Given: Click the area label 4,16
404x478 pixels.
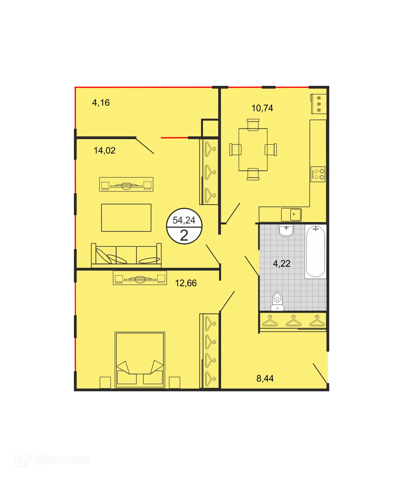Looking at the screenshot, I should pos(101,103).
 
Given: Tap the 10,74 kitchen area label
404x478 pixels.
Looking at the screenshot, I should pos(262,108).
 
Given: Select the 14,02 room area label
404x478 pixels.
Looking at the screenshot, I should pos(104,151).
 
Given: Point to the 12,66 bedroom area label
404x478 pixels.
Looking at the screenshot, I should pos(186,283).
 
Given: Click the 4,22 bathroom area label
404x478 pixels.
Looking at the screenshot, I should pos(282,263).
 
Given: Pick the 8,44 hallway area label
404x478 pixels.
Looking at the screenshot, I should pos(265,378).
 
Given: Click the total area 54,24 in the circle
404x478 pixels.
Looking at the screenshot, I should pos(184,220).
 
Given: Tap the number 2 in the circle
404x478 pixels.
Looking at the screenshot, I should pos(184,235).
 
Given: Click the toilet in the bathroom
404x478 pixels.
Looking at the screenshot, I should pos(277,301).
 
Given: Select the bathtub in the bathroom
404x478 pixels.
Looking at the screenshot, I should pos(316,251).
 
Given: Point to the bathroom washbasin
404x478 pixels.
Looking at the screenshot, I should pos(286,230).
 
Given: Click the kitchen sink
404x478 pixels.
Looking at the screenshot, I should pos(291,215).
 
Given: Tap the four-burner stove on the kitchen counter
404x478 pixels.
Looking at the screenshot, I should pos(318,174).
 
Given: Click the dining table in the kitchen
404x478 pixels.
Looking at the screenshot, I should pos(253,150).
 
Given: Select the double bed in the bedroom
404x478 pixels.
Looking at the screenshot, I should pos(140,360).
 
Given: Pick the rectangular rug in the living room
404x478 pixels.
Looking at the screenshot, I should pos(126,218).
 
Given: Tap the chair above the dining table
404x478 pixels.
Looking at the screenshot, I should pos(253,124).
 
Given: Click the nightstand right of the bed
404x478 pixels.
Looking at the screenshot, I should pos(175,383).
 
